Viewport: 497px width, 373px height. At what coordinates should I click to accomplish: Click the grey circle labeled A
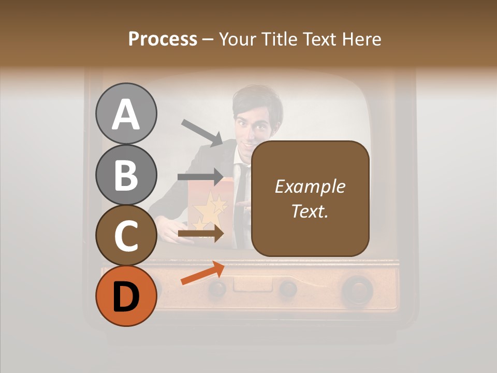pyautogui.click(x=126, y=113)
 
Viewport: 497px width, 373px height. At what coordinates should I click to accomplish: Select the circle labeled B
pyautogui.click(x=126, y=175)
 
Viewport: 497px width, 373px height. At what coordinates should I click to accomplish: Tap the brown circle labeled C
pyautogui.click(x=126, y=235)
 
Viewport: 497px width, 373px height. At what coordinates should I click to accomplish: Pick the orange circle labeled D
pyautogui.click(x=126, y=296)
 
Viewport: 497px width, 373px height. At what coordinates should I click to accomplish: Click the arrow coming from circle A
pyautogui.click(x=202, y=133)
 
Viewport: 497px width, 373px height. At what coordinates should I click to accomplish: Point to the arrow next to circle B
pyautogui.click(x=201, y=177)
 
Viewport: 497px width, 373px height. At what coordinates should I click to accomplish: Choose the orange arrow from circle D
pyautogui.click(x=202, y=274)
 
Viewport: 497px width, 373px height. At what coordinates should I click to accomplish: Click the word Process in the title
pyautogui.click(x=163, y=39)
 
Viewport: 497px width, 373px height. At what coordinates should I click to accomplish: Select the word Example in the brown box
pyautogui.click(x=310, y=187)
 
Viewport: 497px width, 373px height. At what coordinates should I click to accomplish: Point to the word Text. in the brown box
pyautogui.click(x=310, y=211)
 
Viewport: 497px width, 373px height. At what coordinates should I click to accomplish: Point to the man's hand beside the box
pyautogui.click(x=166, y=228)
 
